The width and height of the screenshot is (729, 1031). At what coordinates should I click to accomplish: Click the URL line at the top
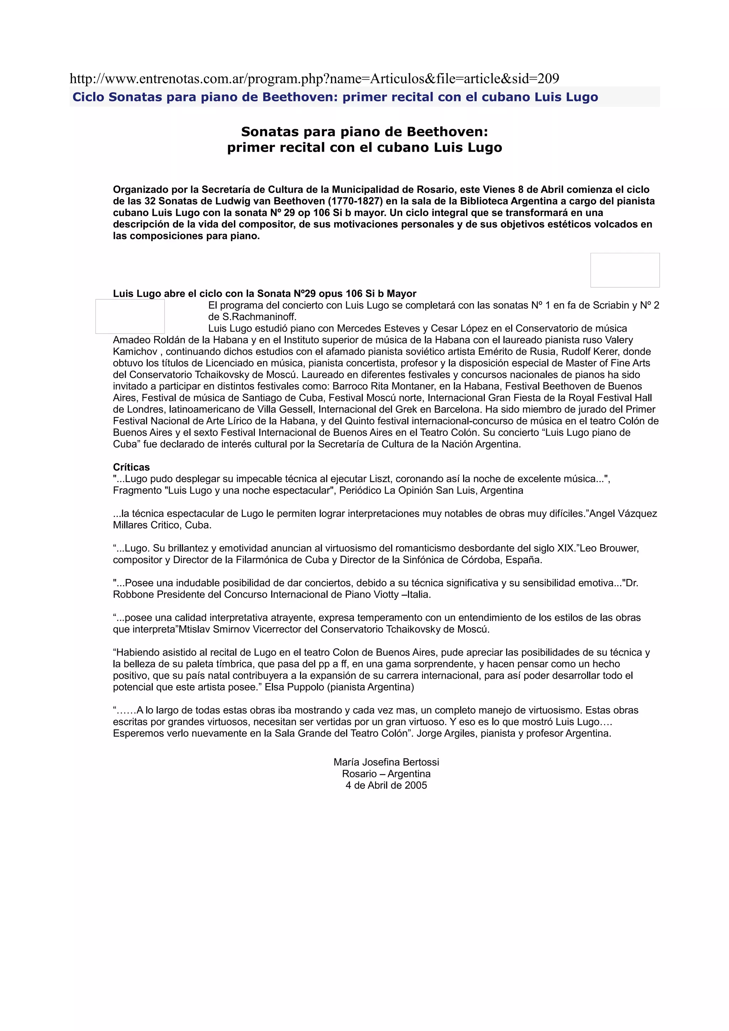click(314, 79)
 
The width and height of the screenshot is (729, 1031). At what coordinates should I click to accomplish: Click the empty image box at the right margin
click(624, 270)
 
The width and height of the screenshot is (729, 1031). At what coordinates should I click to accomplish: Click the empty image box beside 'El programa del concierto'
click(130, 317)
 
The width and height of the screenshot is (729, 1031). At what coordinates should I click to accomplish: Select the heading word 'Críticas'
click(131, 467)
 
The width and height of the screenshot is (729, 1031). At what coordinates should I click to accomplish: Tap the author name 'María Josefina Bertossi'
click(386, 762)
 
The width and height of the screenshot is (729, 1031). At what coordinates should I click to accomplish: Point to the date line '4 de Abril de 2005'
click(386, 786)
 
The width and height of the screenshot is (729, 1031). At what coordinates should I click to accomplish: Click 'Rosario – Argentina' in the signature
click(386, 774)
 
